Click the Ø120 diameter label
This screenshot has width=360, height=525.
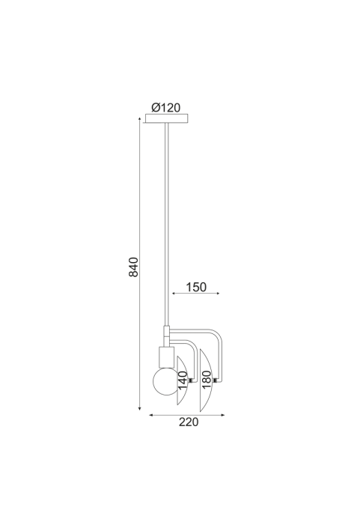165,108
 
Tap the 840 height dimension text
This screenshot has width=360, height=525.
133,267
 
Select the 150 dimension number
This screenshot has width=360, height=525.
196,287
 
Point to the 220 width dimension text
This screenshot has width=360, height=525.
189,422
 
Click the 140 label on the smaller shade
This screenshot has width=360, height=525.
183,380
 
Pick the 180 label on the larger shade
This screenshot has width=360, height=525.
207,380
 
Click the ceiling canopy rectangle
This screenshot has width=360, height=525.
167,118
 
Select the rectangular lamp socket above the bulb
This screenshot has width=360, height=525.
167,357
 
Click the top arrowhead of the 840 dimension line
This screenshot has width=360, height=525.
139,118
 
